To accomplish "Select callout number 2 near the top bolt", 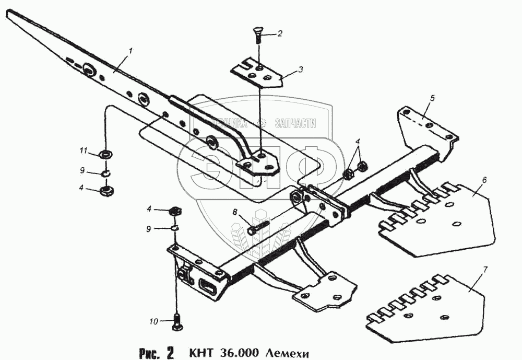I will pos(280,34).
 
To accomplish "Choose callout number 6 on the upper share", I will pos(484,180).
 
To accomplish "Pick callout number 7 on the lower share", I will pos(485,270).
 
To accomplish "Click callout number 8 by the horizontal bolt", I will pos(235,212).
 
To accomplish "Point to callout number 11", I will pos(83,151).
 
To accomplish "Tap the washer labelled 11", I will pos(106,155).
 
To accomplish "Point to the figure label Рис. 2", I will pos(157,352).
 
